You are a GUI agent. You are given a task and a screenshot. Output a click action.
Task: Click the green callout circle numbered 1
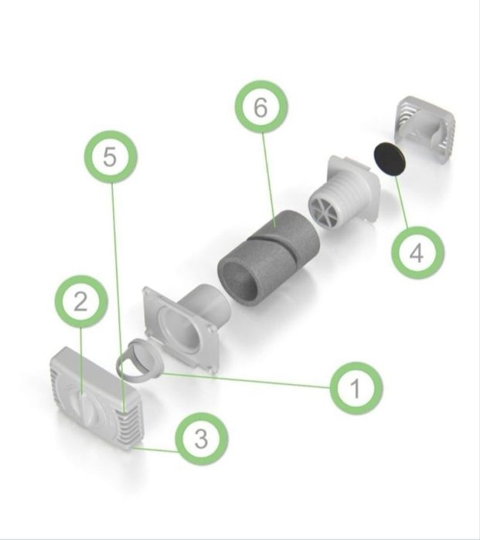tap(356, 388)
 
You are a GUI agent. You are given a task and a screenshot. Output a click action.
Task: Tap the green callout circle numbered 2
tap(81, 302)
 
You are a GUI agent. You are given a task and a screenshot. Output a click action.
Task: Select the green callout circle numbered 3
tap(202, 439)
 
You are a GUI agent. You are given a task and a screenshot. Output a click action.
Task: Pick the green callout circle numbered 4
tap(417, 253)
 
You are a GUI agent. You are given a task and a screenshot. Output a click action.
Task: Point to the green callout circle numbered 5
tap(111, 157)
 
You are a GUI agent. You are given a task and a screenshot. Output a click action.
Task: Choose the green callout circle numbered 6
tap(261, 107)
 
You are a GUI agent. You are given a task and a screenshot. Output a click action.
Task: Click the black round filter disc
tap(390, 159)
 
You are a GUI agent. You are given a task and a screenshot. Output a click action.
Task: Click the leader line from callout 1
tap(247, 381)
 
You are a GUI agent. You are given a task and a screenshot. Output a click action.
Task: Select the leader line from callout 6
tap(269, 180)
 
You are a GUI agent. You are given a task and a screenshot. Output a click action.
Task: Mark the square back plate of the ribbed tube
tap(355, 188)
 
